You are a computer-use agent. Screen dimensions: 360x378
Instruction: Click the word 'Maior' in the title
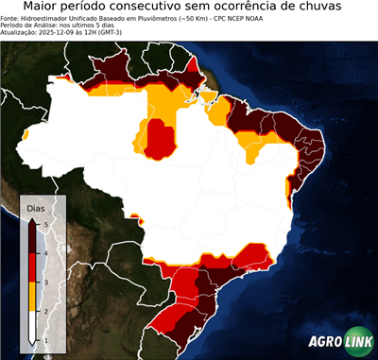coord(43,8)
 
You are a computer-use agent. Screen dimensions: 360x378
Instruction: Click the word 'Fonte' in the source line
coord(9,17)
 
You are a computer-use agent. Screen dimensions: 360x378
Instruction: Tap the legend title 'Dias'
coord(36,208)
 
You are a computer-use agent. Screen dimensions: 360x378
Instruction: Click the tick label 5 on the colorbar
coord(45,224)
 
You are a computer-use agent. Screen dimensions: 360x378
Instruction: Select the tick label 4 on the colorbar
coord(45,253)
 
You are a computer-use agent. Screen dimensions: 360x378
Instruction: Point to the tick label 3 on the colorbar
coord(45,282)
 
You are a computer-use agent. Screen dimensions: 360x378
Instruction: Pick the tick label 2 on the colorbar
coord(45,310)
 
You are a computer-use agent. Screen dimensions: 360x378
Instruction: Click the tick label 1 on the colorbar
coord(45,339)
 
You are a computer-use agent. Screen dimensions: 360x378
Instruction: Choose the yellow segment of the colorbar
coord(34,296)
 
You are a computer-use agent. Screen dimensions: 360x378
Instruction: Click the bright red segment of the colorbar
coord(34,267)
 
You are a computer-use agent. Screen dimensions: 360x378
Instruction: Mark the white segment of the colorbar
coord(34,325)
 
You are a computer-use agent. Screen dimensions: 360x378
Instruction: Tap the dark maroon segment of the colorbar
coord(34,238)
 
